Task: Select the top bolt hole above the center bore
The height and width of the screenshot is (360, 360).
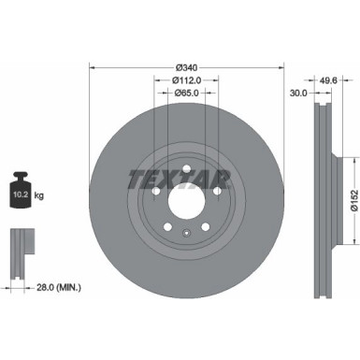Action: pos(184,168)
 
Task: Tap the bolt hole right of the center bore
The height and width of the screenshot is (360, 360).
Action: pos(216,193)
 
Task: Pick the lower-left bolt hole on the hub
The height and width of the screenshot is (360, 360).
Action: pos(164,230)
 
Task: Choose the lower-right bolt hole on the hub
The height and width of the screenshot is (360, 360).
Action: pos(205,230)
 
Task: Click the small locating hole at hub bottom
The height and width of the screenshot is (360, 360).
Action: pos(184,235)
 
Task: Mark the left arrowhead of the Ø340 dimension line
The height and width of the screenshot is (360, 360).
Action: pos(93,67)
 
